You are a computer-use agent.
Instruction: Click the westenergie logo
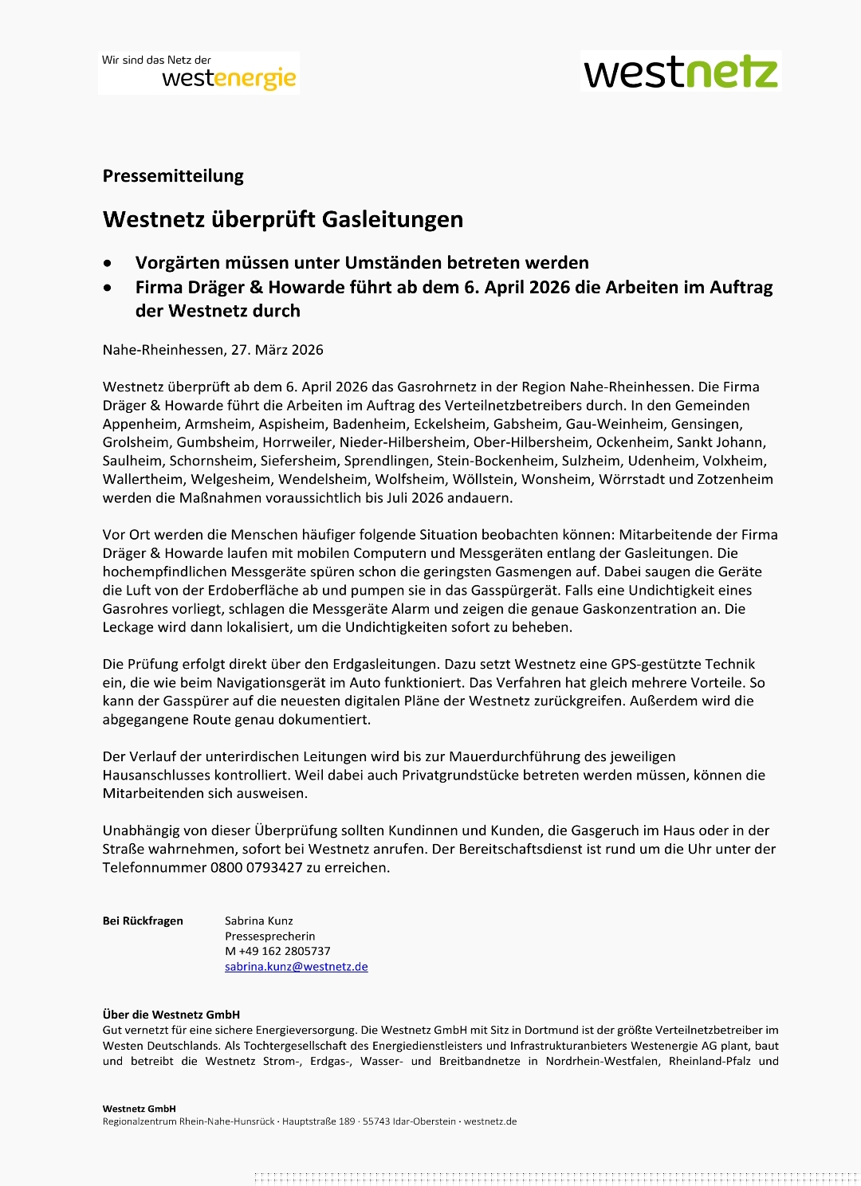coord(199,73)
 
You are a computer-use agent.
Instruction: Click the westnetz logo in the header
coord(681,72)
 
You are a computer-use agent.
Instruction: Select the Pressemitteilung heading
coord(173,176)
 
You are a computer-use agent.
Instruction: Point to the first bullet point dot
coord(108,263)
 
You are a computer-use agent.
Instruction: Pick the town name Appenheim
coord(140,424)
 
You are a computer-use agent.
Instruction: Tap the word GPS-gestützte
coord(653,664)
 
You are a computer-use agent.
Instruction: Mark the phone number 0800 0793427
coord(257,867)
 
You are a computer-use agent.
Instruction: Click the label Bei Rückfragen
coord(143,921)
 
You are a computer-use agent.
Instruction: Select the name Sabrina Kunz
coord(259,921)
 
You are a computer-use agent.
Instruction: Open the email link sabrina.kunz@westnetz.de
coord(297,967)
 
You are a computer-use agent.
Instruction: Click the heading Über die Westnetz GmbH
coord(171,1015)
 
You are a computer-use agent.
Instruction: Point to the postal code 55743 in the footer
coord(375,1121)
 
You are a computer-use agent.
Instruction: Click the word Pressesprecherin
coord(270,936)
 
